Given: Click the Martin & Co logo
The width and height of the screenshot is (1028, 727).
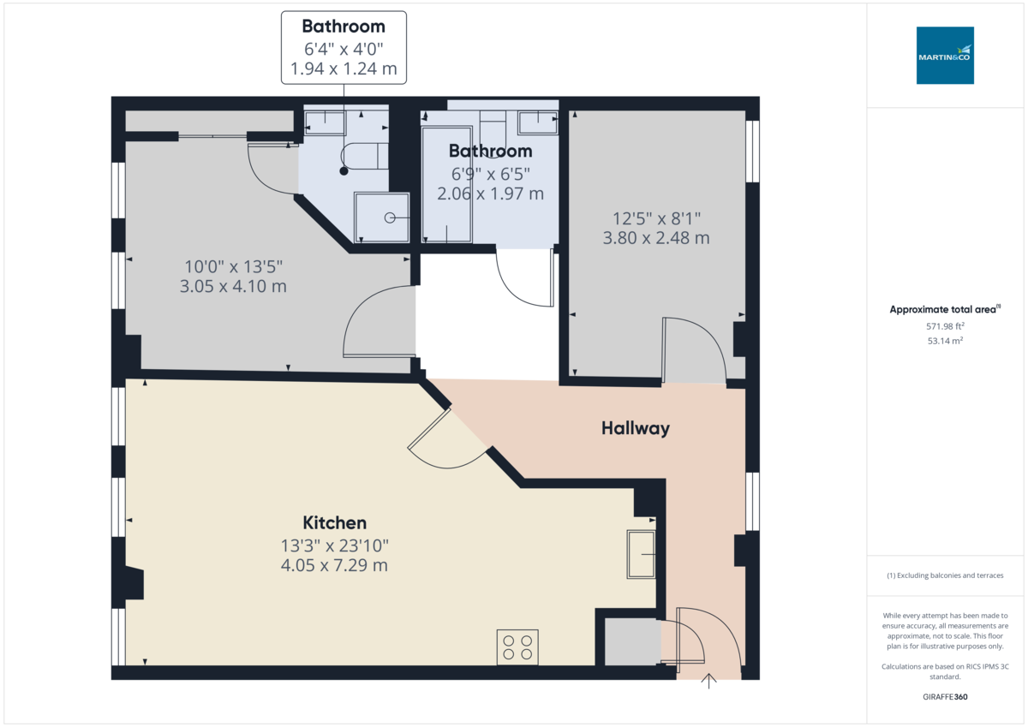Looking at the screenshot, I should point(945,55).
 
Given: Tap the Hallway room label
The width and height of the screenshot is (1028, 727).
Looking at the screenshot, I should point(635,428).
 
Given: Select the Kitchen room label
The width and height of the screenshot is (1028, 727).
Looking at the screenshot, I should point(334,522).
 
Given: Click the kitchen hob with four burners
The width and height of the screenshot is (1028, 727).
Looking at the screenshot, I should point(517,647).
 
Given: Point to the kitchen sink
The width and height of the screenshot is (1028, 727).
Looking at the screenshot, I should point(641,554).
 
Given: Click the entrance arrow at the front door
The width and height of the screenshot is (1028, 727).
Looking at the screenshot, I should point(709,681).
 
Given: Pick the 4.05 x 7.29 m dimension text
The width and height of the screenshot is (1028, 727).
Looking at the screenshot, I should point(334,565).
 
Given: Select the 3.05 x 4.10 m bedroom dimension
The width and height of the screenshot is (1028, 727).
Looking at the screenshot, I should point(233,286).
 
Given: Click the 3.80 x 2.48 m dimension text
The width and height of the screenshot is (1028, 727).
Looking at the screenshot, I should point(656,238).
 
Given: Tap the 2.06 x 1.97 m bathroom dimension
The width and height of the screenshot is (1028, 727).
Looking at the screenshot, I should point(490,194).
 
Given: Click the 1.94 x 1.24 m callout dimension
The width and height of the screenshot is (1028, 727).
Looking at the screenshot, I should point(344,69).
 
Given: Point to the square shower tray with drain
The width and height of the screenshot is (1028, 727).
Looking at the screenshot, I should point(382,218).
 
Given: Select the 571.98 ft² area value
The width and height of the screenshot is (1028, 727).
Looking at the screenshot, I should point(945,326).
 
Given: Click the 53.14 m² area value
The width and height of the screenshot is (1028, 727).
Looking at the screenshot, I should point(945,340).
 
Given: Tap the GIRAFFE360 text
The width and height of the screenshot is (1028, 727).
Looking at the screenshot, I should point(945,697).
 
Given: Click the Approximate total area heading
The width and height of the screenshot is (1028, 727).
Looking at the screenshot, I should point(944,309).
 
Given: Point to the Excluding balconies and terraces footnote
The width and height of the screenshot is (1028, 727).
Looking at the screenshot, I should point(945,575).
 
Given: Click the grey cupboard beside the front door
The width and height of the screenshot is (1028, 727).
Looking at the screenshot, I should point(632,640).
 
